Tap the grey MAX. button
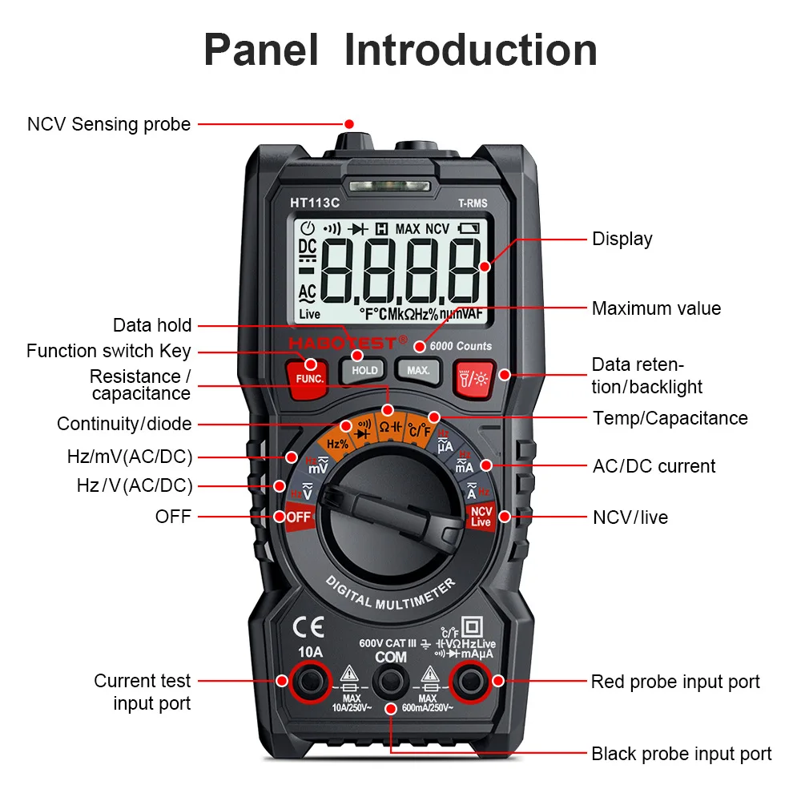click(x=418, y=370)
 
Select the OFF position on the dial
click(x=298, y=517)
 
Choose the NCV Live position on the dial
click(x=481, y=517)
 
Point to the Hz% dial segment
click(x=337, y=443)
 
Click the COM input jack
click(x=391, y=681)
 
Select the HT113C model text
click(x=315, y=203)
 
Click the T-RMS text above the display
click(x=473, y=203)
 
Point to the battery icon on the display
click(x=468, y=229)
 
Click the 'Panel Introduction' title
click(x=400, y=50)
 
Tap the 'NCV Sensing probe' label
click(x=109, y=124)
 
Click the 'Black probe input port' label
click(x=682, y=754)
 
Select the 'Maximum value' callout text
click(x=656, y=308)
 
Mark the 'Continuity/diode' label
click(x=124, y=424)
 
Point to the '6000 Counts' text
click(x=461, y=346)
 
